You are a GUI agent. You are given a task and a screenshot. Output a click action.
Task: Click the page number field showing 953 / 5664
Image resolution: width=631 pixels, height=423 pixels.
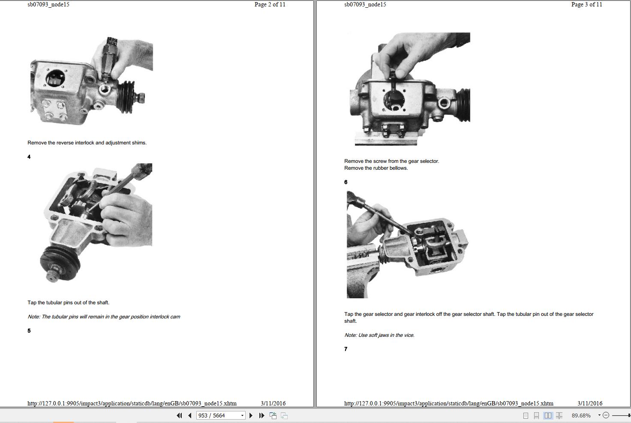pyautogui.click(x=220, y=415)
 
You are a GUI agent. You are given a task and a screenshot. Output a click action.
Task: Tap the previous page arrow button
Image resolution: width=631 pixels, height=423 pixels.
pyautogui.click(x=190, y=415)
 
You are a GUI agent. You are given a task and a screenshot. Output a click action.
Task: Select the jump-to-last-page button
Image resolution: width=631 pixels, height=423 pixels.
pyautogui.click(x=261, y=415)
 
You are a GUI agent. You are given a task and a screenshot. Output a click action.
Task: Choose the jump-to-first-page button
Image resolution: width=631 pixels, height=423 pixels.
pyautogui.click(x=179, y=415)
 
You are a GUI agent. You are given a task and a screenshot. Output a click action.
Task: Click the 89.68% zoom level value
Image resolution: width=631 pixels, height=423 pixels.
pyautogui.click(x=581, y=415)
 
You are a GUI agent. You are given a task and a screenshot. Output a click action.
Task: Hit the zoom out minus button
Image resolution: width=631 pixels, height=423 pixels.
pyautogui.click(x=606, y=415)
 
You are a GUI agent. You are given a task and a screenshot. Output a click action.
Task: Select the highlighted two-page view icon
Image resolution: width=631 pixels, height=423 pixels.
pyautogui.click(x=548, y=415)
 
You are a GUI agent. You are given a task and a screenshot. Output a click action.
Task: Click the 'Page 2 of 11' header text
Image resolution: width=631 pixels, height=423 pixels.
pyautogui.click(x=270, y=5)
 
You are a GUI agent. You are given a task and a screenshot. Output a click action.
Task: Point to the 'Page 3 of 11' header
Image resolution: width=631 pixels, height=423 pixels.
pyautogui.click(x=586, y=5)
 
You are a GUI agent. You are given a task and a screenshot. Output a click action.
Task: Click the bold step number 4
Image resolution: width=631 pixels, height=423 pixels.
pyautogui.click(x=29, y=157)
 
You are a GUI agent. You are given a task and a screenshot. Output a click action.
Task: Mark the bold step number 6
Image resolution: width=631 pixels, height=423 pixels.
pyautogui.click(x=346, y=182)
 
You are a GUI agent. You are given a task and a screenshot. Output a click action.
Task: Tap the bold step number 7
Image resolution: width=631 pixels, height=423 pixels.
pyautogui.click(x=346, y=349)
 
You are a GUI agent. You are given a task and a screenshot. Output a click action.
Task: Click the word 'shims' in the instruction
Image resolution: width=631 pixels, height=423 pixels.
pyautogui.click(x=139, y=143)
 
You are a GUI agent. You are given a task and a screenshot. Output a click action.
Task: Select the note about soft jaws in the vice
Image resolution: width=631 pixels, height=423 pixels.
pyautogui.click(x=379, y=335)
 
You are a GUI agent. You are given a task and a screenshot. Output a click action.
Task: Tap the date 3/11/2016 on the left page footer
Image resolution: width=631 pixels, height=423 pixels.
pyautogui.click(x=273, y=403)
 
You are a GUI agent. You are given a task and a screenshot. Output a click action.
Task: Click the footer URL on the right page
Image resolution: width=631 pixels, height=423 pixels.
pyautogui.click(x=449, y=403)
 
